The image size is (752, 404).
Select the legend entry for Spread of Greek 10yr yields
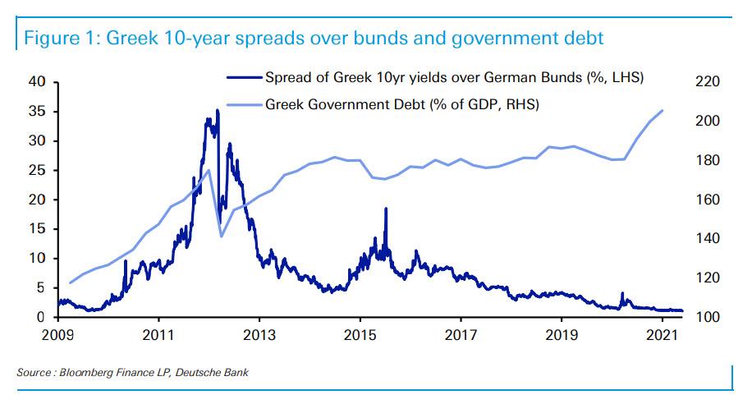pyautogui.click(x=454, y=79)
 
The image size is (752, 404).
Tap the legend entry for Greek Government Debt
pyautogui.click(x=402, y=104)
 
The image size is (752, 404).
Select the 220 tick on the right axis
pyautogui.click(x=708, y=81)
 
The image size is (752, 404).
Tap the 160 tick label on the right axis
pyautogui.click(x=708, y=200)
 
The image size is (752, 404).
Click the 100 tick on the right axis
pyautogui.click(x=708, y=318)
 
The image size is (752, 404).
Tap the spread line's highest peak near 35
pyautogui.click(x=217, y=110)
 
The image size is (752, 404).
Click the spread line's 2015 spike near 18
pyautogui.click(x=385, y=209)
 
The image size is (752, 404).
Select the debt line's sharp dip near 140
pyautogui.click(x=222, y=236)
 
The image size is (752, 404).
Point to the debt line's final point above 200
pyautogui.click(x=663, y=110)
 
